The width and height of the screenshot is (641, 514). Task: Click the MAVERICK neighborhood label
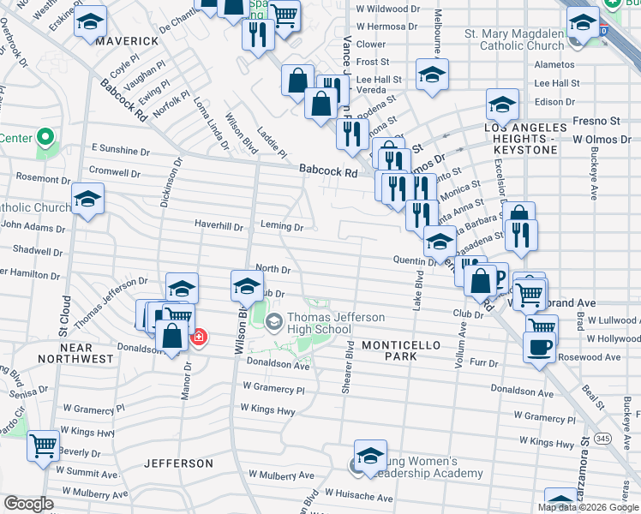pos(127,41)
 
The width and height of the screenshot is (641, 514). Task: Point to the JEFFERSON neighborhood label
pos(178,463)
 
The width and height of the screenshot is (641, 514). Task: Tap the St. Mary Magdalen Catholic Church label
pos(514,39)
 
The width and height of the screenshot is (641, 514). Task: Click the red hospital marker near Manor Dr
pos(199,338)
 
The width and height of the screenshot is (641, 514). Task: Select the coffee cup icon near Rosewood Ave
pos(539,347)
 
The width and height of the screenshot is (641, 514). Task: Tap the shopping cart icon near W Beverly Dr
pos(43,445)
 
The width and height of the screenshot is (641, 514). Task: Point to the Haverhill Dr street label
pos(219,228)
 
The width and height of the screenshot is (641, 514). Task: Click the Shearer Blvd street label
pos(348,370)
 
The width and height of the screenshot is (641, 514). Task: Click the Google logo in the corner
pos(29,504)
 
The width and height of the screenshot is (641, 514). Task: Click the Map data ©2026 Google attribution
pos(587,507)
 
